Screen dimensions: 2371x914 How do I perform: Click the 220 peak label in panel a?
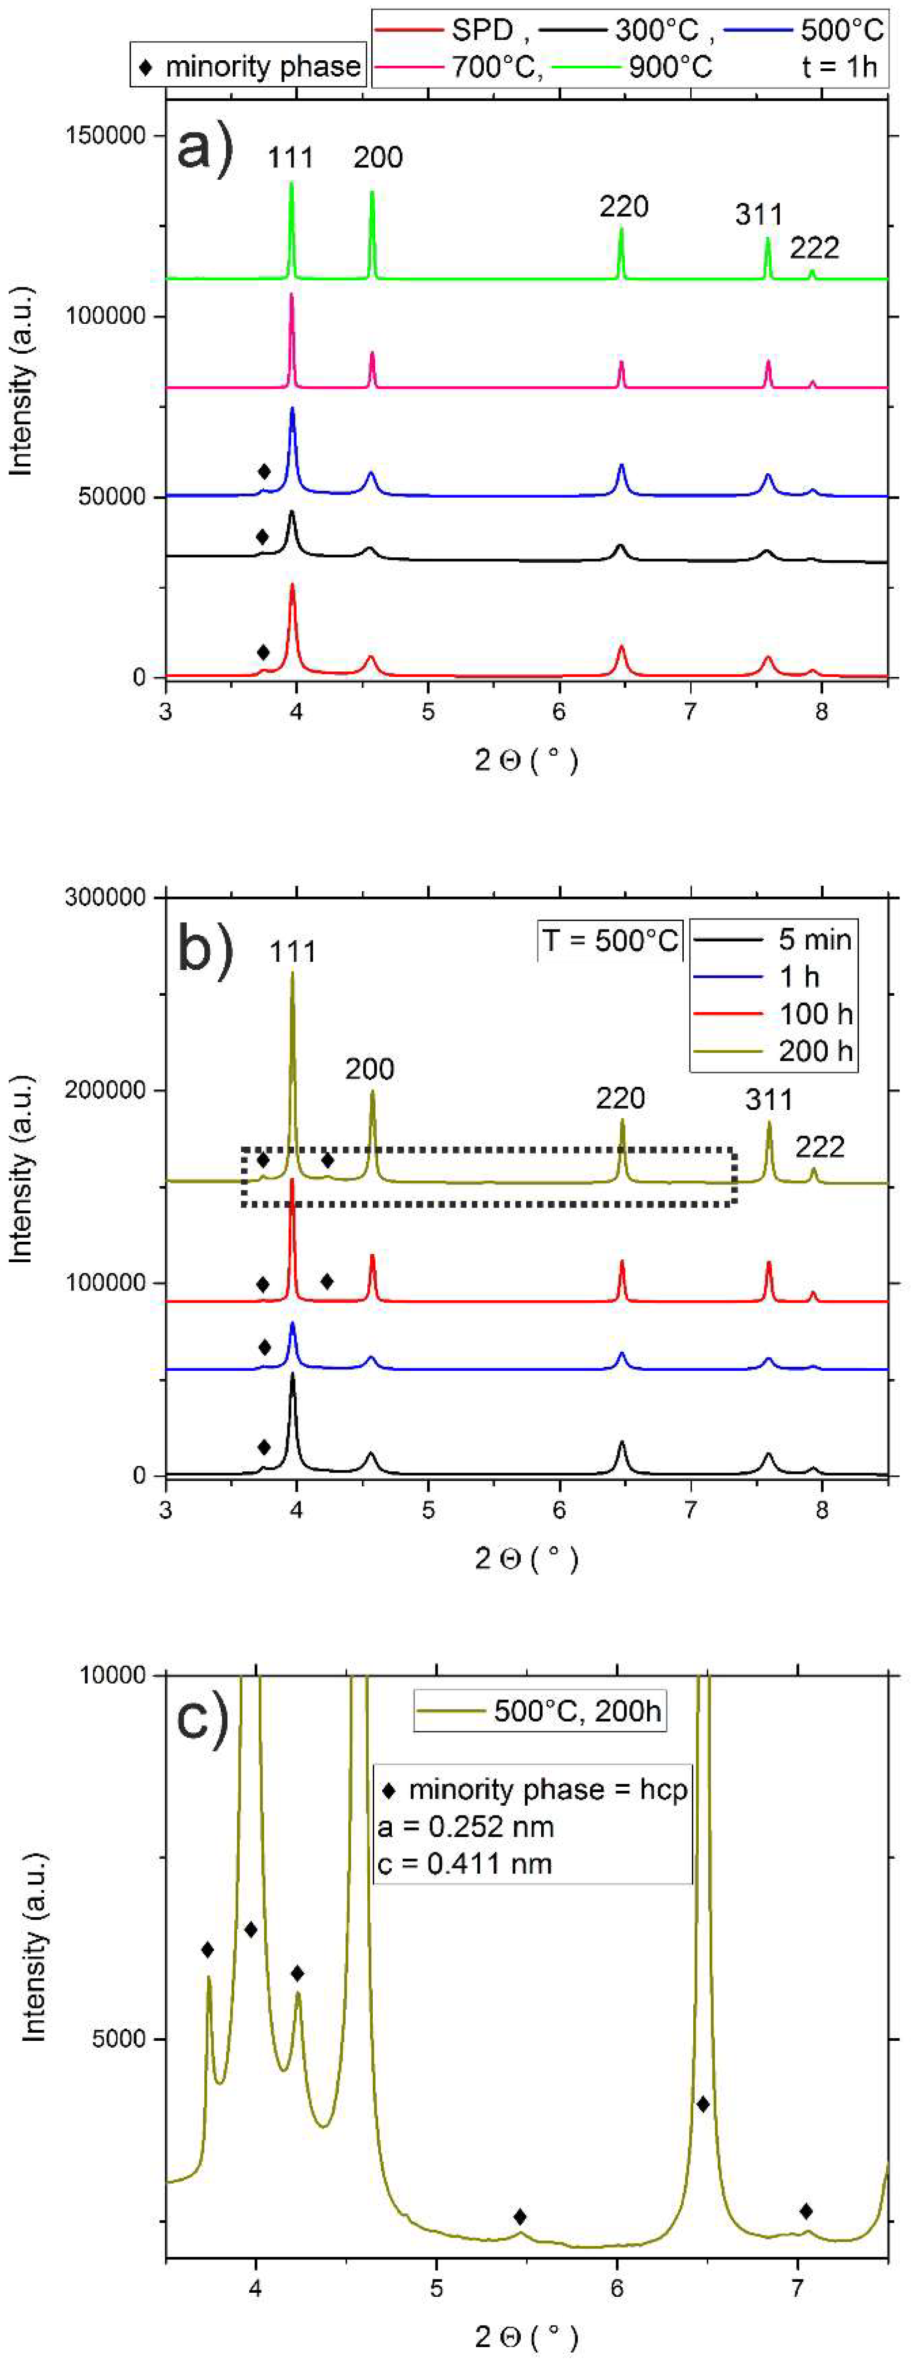(x=623, y=206)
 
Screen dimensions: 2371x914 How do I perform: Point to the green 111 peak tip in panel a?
(x=291, y=183)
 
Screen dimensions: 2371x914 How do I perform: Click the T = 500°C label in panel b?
(x=609, y=940)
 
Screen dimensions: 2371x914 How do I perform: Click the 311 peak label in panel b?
(x=767, y=1099)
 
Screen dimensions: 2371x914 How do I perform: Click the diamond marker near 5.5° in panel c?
(x=520, y=2217)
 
